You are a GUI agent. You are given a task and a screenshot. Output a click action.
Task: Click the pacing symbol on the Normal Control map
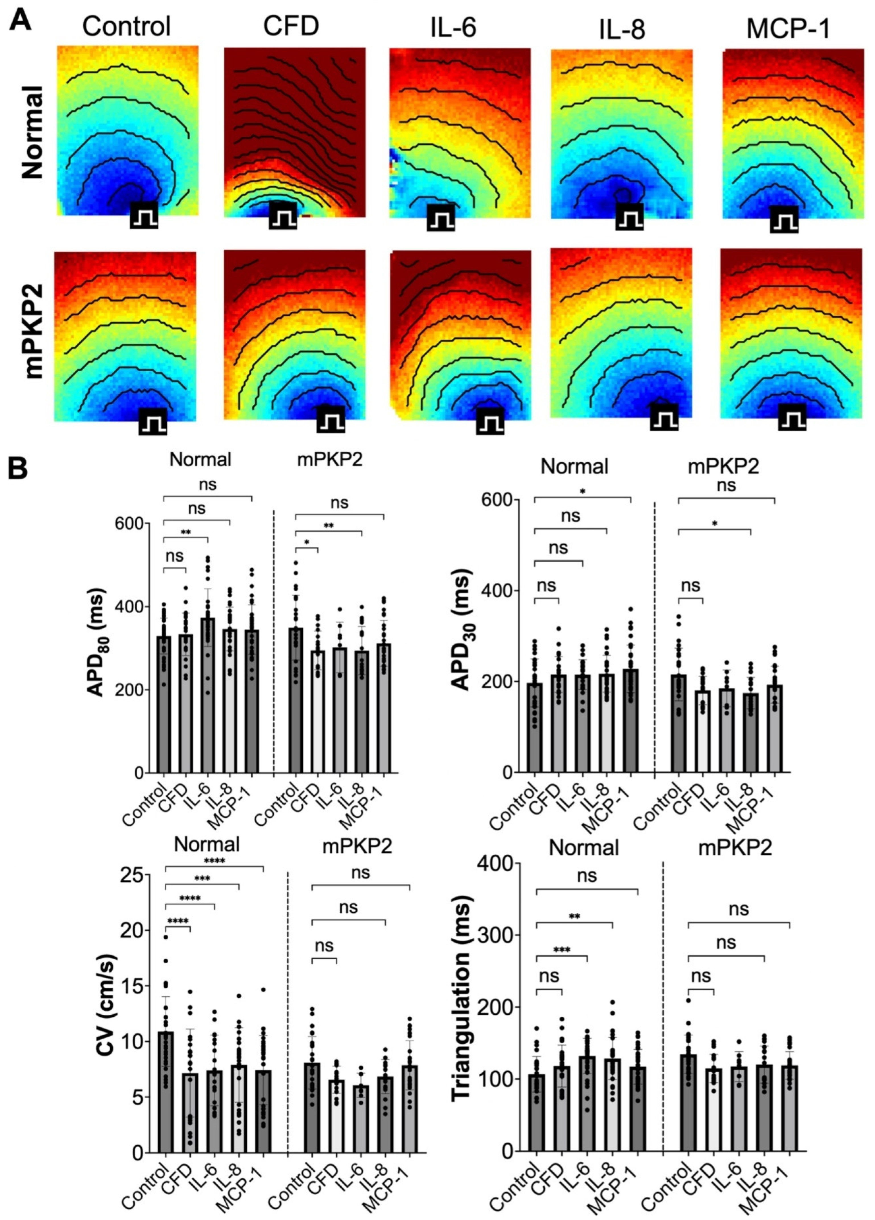[x=144, y=215]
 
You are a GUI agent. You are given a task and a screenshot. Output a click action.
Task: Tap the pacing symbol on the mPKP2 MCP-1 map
[x=792, y=417]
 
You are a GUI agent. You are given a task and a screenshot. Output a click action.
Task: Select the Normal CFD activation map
[x=294, y=132]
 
